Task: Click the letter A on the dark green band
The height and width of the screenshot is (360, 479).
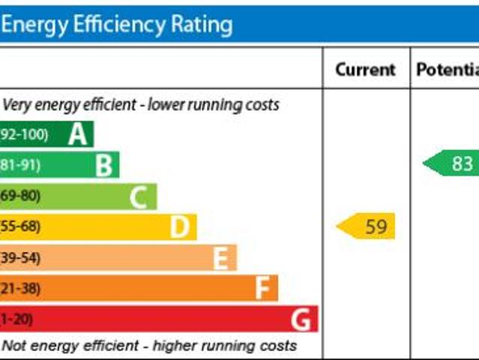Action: pos(77,134)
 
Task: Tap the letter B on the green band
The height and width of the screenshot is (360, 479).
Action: pos(104,165)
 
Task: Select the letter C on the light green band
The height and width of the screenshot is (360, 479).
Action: pos(138,196)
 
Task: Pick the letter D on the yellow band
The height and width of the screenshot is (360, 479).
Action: pos(179,226)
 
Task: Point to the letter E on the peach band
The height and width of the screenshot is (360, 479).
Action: pos(220,258)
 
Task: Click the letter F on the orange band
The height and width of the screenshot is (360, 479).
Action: pos(262,289)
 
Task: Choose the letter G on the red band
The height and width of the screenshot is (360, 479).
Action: pos(301,319)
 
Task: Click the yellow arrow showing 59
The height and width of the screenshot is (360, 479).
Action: pos(367,226)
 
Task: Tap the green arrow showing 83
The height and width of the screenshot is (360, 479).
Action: pos(452,163)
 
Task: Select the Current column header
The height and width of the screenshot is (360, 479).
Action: pos(365,70)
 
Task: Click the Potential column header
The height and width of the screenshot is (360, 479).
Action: pos(447,70)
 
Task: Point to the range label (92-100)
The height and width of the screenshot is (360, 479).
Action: pos(24,135)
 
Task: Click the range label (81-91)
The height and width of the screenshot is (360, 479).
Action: pos(21,165)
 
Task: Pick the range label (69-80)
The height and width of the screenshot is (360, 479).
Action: pos(21,196)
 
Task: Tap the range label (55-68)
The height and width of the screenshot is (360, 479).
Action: pos(21,226)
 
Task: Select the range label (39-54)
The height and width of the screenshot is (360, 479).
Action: pos(21,258)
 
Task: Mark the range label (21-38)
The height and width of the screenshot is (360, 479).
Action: pos(21,289)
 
